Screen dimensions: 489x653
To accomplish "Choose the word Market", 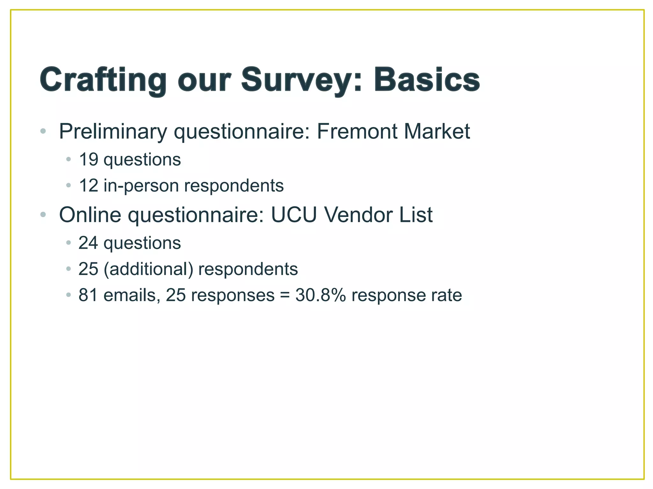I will [437, 131].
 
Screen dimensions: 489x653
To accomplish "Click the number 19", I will [88, 159].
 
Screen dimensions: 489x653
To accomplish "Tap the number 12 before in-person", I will [88, 186].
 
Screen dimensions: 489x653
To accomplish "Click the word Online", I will [90, 215].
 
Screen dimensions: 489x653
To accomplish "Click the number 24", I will [88, 243].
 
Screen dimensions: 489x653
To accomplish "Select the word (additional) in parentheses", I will [148, 269].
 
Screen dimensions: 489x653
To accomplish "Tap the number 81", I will [88, 295].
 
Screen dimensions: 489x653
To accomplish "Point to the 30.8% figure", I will [320, 295].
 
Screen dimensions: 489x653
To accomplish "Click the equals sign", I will [285, 295].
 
